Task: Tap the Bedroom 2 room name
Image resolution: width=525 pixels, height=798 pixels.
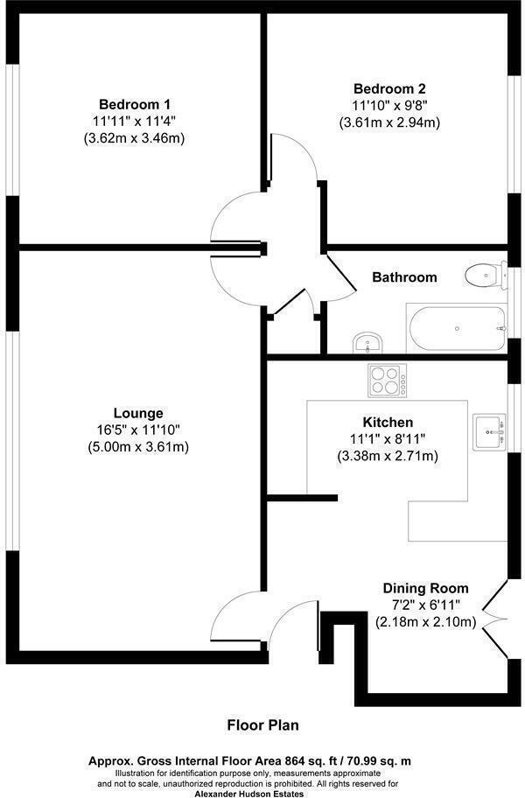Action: tap(389, 88)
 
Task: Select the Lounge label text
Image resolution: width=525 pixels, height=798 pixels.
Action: tap(138, 413)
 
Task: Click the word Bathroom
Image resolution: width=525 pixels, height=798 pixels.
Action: tap(404, 277)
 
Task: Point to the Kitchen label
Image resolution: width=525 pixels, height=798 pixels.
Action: tap(388, 422)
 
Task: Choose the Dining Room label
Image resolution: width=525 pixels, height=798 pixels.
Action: tap(425, 588)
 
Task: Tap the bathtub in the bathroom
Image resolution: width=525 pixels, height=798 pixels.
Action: tap(456, 328)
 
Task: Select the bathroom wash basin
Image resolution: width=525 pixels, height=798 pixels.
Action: tap(367, 342)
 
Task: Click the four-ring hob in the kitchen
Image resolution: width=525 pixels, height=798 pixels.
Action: tap(386, 381)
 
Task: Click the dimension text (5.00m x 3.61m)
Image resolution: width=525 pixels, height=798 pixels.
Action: tap(138, 447)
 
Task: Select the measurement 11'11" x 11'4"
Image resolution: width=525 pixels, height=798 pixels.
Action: tap(134, 120)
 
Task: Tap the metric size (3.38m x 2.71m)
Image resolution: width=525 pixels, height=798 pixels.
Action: tap(388, 456)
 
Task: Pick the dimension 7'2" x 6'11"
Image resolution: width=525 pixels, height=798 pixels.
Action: tap(425, 605)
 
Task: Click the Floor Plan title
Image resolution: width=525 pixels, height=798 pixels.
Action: tap(263, 724)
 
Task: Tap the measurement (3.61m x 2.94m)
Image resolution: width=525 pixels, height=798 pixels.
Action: tap(389, 122)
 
